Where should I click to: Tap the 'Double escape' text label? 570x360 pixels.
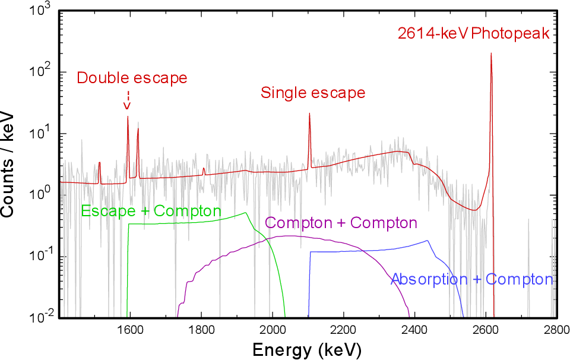coord(132,78)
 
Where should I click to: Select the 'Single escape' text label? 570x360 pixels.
coord(313,93)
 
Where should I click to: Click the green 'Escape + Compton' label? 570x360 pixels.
coord(151,211)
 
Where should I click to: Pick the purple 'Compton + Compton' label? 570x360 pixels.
coord(341,223)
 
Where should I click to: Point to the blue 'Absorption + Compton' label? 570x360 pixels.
coord(471,279)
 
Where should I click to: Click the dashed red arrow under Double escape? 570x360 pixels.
coord(126,100)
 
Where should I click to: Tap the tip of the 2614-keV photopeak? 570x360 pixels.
coord(491,53)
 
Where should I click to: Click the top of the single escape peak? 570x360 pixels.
coord(309,114)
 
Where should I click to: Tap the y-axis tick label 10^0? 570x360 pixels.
coord(42,194)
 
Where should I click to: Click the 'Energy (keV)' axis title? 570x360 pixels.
coord(306,350)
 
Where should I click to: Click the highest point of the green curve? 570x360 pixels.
coord(245,213)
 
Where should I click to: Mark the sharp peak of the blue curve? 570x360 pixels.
coord(427,241)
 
